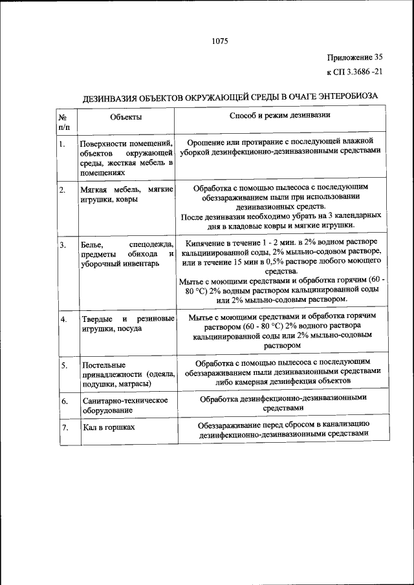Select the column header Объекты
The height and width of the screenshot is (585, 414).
click(x=125, y=117)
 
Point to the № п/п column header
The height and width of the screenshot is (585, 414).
click(x=64, y=122)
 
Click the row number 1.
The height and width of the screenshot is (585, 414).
click(x=62, y=144)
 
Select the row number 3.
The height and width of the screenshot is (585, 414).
click(x=63, y=245)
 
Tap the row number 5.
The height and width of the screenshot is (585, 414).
click(x=64, y=366)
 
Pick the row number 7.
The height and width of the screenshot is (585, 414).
click(x=64, y=428)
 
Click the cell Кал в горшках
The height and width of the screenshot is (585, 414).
click(x=108, y=428)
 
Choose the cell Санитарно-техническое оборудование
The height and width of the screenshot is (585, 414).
click(x=125, y=405)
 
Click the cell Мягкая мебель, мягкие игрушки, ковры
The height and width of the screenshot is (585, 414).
click(x=125, y=195)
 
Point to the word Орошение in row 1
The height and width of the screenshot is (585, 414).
click(x=208, y=140)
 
